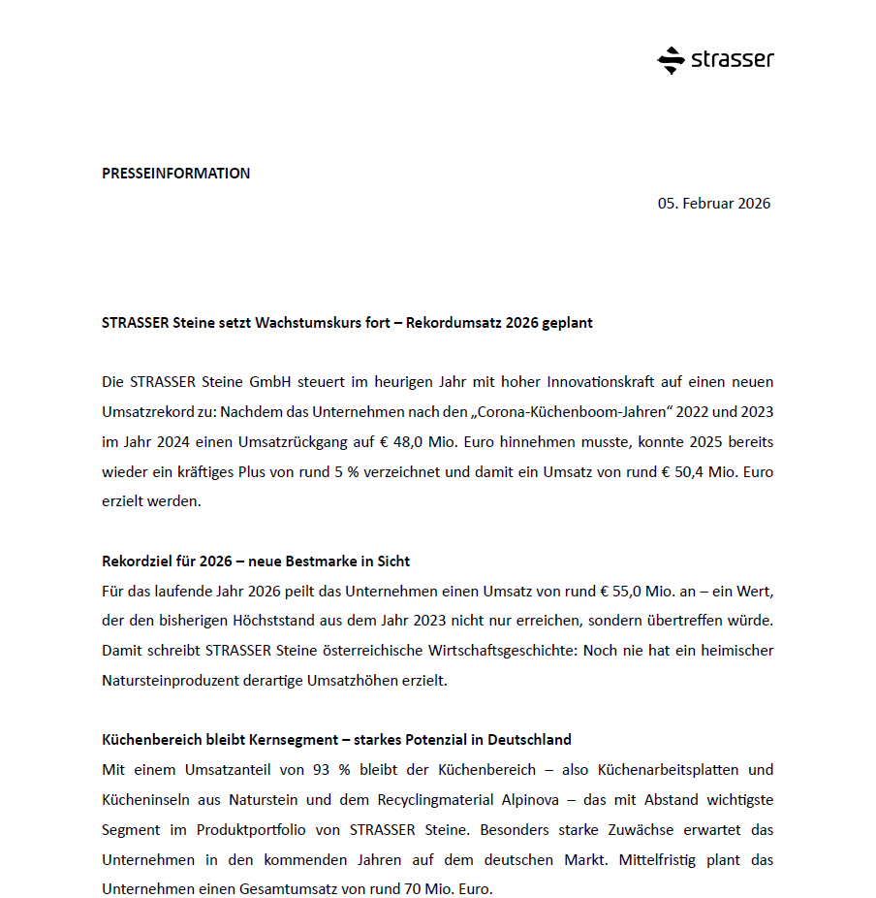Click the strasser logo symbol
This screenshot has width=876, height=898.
pos(671,60)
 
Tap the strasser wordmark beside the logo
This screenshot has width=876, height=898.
pos(733,60)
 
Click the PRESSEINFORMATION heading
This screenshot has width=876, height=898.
pos(175,174)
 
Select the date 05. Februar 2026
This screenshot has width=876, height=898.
pos(714,204)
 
